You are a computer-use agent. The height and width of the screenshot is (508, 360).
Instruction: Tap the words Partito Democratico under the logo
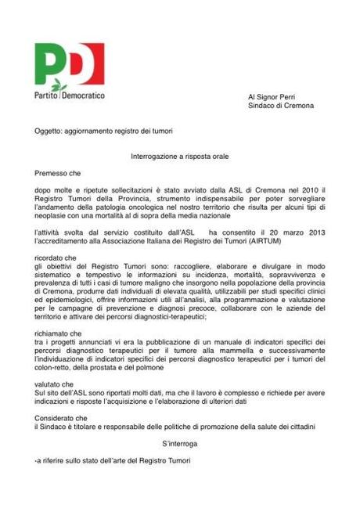(x=70, y=95)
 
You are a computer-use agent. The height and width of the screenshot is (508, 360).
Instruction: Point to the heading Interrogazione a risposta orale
(x=179, y=157)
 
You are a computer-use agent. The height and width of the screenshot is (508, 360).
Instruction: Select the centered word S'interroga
(x=179, y=444)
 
